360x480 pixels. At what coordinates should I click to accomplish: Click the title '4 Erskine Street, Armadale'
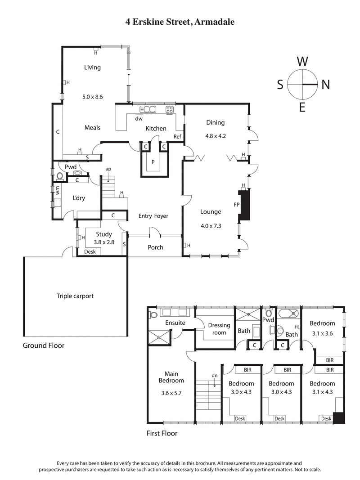pyautogui.click(x=180, y=22)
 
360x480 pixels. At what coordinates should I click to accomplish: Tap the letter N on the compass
pyautogui.click(x=325, y=85)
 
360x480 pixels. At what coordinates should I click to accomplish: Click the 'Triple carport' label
pyautogui.click(x=75, y=296)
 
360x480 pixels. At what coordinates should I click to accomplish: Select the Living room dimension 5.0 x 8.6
pyautogui.click(x=93, y=97)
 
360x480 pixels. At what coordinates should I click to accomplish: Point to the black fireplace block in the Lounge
pyautogui.click(x=244, y=205)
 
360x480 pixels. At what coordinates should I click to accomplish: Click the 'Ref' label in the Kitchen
pyautogui.click(x=177, y=137)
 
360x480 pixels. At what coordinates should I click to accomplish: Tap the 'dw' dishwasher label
pyautogui.click(x=139, y=119)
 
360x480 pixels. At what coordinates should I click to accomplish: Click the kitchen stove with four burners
pyautogui.click(x=170, y=109)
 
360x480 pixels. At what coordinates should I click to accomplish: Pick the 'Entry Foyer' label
pyautogui.click(x=153, y=216)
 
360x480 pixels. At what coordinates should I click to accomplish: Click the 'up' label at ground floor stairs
pyautogui.click(x=108, y=169)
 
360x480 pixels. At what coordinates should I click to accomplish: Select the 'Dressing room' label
pyautogui.click(x=219, y=329)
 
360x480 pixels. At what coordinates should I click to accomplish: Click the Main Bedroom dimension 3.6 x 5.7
pyautogui.click(x=171, y=393)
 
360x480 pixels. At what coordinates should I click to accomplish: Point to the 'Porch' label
pyautogui.click(x=155, y=247)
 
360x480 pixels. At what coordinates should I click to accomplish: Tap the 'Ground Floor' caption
pyautogui.click(x=44, y=345)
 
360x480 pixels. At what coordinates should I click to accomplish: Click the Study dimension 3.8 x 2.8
pyautogui.click(x=103, y=242)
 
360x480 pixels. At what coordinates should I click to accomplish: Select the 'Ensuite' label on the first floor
pyautogui.click(x=175, y=323)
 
